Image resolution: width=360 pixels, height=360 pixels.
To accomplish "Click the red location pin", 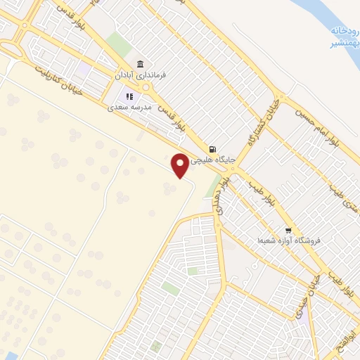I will [181, 165].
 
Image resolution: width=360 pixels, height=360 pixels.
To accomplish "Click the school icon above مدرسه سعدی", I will [129, 96].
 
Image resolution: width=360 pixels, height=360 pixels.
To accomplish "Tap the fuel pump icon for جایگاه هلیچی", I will [212, 148].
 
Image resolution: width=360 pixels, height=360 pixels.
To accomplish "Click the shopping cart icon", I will [288, 231].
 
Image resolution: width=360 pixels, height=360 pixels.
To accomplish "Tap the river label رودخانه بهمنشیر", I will [342, 37].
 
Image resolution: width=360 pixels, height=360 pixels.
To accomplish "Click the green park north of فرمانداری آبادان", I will [119, 44].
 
